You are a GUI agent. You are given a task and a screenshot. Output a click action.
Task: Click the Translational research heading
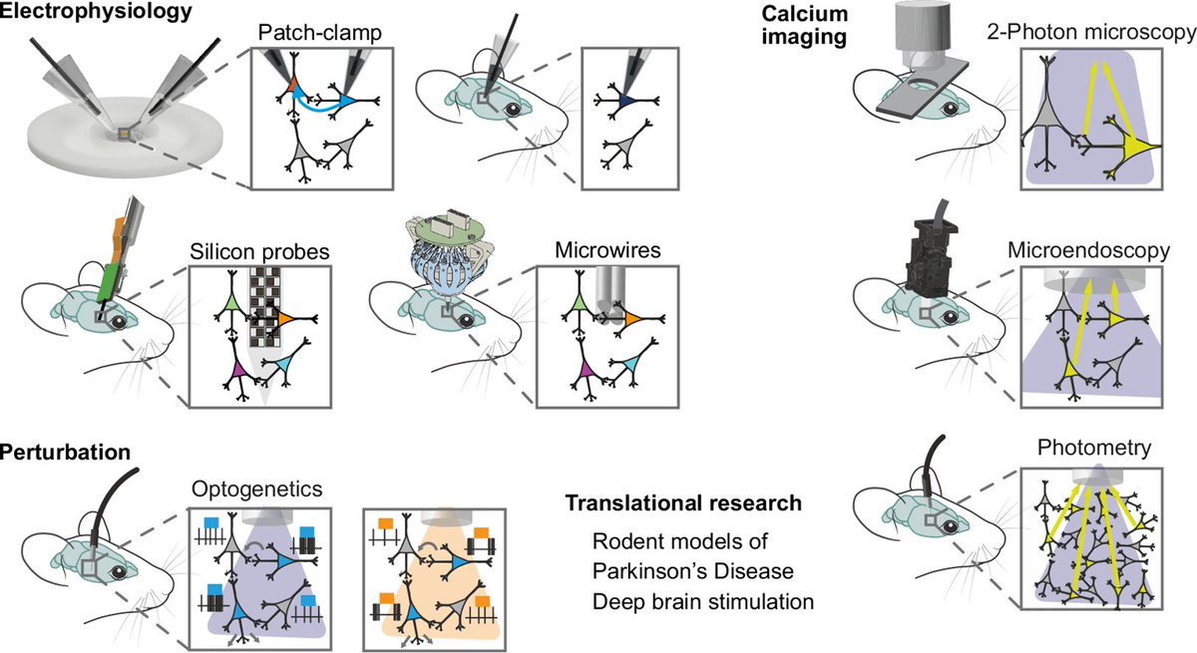682,504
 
